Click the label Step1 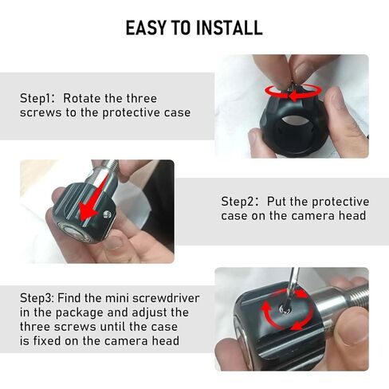coord(37,99)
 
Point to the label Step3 coord(37,298)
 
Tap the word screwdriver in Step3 coord(166,298)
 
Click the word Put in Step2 coord(277,201)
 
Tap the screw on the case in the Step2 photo coord(107,214)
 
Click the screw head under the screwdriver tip coord(285,309)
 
